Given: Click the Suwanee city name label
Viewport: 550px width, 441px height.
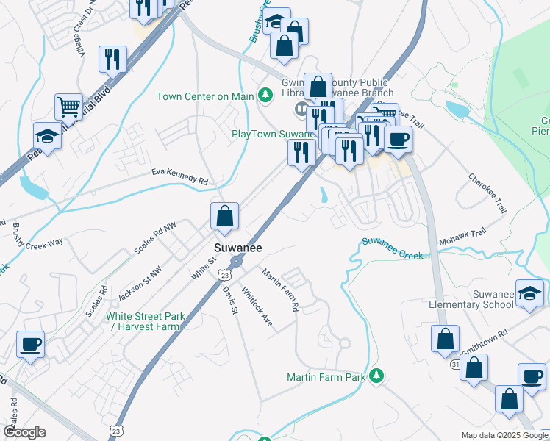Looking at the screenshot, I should tap(238, 248).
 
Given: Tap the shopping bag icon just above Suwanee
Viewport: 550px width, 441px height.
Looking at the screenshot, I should tap(224, 217).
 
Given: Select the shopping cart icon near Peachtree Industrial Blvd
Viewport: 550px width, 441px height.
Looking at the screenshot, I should tap(68, 107).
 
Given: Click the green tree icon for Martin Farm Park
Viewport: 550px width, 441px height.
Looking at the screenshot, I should tap(376, 376).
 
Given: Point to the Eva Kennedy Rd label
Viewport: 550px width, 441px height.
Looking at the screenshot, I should tap(179, 177).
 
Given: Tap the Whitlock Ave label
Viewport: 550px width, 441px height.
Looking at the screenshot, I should tap(257, 306).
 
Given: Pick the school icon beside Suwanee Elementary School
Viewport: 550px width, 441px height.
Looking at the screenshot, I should tap(529, 293).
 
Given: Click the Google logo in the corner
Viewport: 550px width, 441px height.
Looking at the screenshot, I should tap(24, 432).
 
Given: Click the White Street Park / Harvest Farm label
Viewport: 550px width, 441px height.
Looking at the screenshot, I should tap(145, 321).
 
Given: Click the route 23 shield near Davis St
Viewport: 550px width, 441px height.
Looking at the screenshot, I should tap(224, 274).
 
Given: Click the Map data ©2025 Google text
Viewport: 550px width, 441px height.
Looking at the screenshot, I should tap(504, 435).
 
